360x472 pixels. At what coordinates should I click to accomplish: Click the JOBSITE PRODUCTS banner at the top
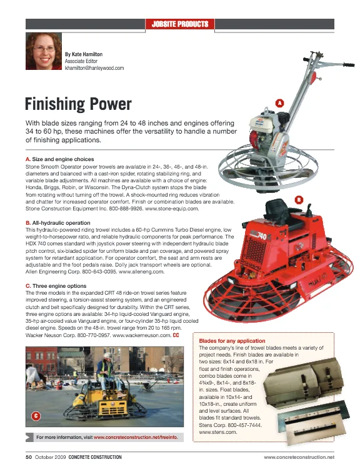(x=179, y=24)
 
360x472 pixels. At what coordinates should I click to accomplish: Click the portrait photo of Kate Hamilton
(x=43, y=52)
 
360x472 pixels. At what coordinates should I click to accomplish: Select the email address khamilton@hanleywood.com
(x=94, y=68)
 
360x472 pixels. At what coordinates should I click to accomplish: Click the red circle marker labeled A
(x=279, y=102)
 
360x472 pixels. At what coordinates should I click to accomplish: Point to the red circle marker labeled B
(x=299, y=200)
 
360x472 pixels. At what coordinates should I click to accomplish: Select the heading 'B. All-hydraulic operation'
(x=57, y=223)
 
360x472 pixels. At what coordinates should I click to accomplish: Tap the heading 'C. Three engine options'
(x=55, y=285)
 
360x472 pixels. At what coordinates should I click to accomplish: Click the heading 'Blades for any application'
(x=232, y=342)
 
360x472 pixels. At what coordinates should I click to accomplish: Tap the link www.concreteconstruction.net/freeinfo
(x=139, y=437)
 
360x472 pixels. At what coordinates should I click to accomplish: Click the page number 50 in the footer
(x=29, y=457)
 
